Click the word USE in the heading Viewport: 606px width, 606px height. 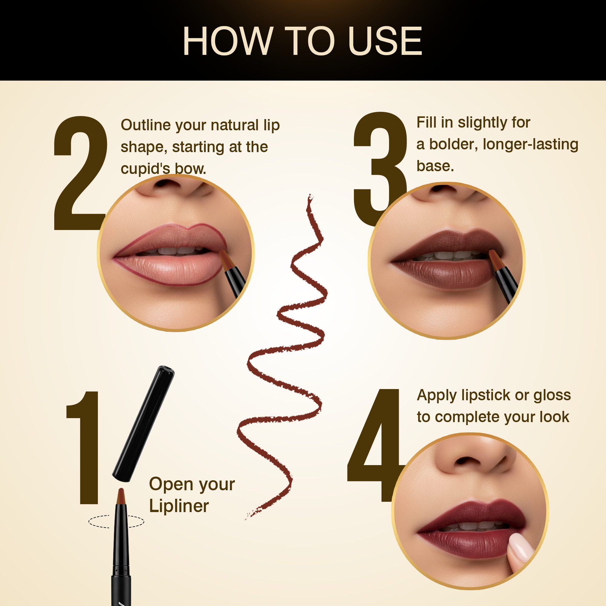[x=385, y=41]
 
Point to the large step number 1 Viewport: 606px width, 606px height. [x=83, y=448]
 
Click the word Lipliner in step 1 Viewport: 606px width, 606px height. [x=179, y=506]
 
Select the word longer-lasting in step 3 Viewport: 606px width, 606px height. [x=531, y=145]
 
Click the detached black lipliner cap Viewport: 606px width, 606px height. [x=143, y=424]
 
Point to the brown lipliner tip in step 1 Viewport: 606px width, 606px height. [x=121, y=496]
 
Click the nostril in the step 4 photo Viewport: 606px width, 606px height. [x=467, y=461]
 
